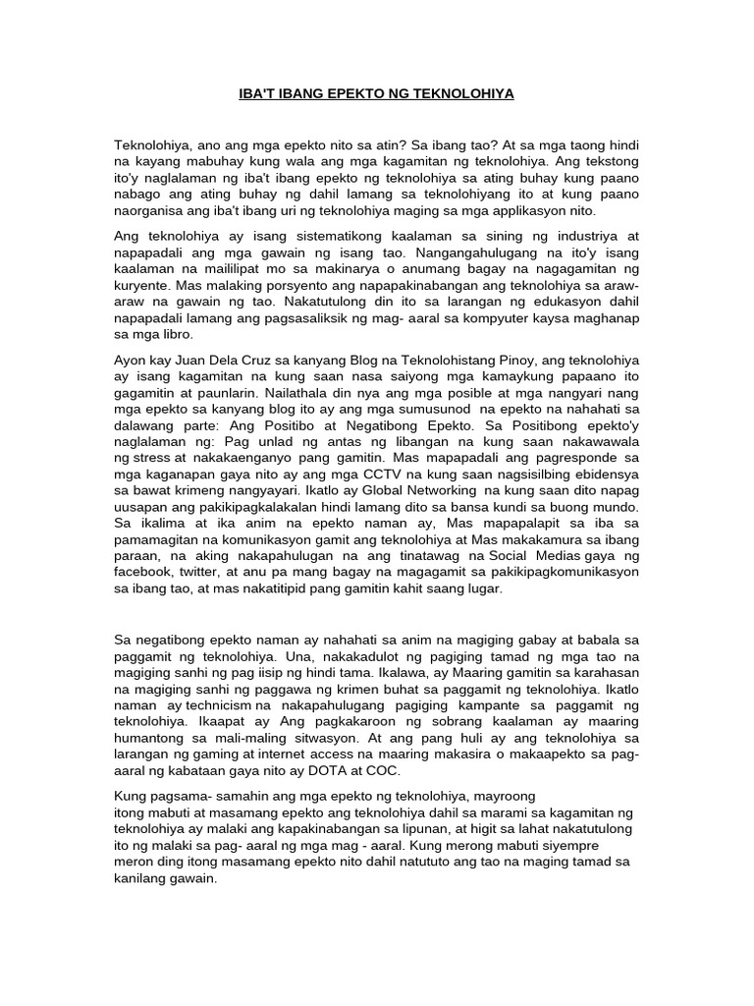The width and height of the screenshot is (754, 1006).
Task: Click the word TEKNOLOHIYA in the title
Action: tap(467, 94)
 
